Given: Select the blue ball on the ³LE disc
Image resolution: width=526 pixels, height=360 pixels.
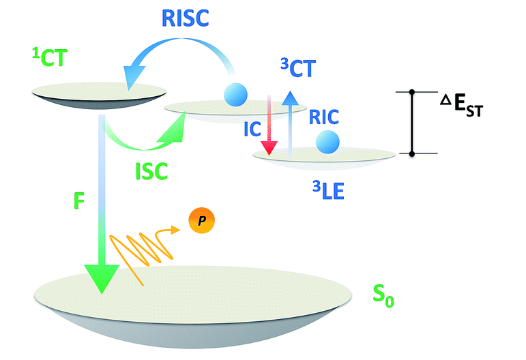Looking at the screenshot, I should click(327, 142).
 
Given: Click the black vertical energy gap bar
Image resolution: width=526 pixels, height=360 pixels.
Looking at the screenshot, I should click(412, 123).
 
